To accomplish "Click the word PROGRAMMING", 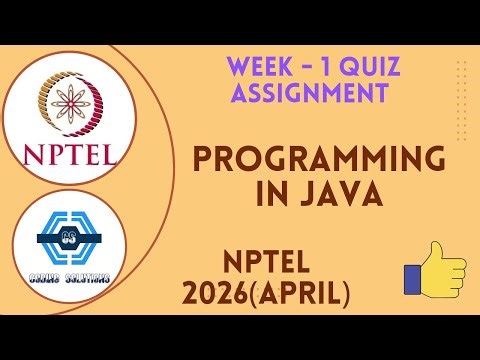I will (x=318, y=160).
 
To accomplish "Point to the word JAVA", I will (x=342, y=194).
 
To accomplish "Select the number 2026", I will (x=219, y=293).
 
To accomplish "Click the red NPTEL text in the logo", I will (x=68, y=154).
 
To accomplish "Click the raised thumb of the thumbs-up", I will (x=438, y=251).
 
